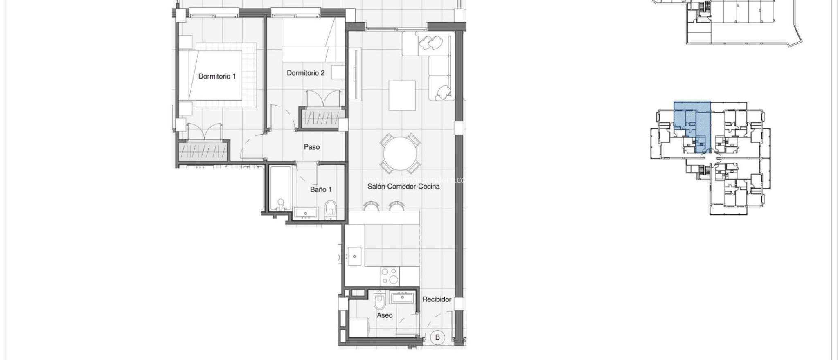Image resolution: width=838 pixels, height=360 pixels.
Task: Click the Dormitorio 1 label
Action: pyautogui.click(x=217, y=76)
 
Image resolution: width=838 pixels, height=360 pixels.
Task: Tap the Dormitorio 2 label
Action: pyautogui.click(x=306, y=73)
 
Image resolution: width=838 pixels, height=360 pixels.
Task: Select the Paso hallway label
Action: pyautogui.click(x=312, y=147)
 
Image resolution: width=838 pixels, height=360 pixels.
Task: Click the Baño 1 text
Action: pyautogui.click(x=321, y=189)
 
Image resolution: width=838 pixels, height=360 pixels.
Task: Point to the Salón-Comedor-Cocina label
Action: pyautogui.click(x=398, y=186)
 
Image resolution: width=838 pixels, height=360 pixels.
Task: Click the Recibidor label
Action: pyautogui.click(x=437, y=299)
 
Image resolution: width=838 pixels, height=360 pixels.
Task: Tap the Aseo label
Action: pyautogui.click(x=385, y=315)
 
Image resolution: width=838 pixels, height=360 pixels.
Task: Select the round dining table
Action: pyautogui.click(x=400, y=154)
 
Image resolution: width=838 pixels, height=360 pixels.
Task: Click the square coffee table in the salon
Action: pyautogui.click(x=402, y=96)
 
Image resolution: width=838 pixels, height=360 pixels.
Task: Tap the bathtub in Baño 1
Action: pyautogui.click(x=281, y=188)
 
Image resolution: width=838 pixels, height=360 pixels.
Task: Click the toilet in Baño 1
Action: pyautogui.click(x=331, y=209)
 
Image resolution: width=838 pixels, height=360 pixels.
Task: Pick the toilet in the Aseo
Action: pyautogui.click(x=379, y=302)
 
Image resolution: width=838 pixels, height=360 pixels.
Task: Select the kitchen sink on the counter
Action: pyautogui.click(x=354, y=256)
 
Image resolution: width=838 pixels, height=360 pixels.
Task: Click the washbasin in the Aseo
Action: pyautogui.click(x=402, y=298)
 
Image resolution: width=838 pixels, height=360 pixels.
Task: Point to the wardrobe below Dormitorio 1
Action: pyautogui.click(x=204, y=151)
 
